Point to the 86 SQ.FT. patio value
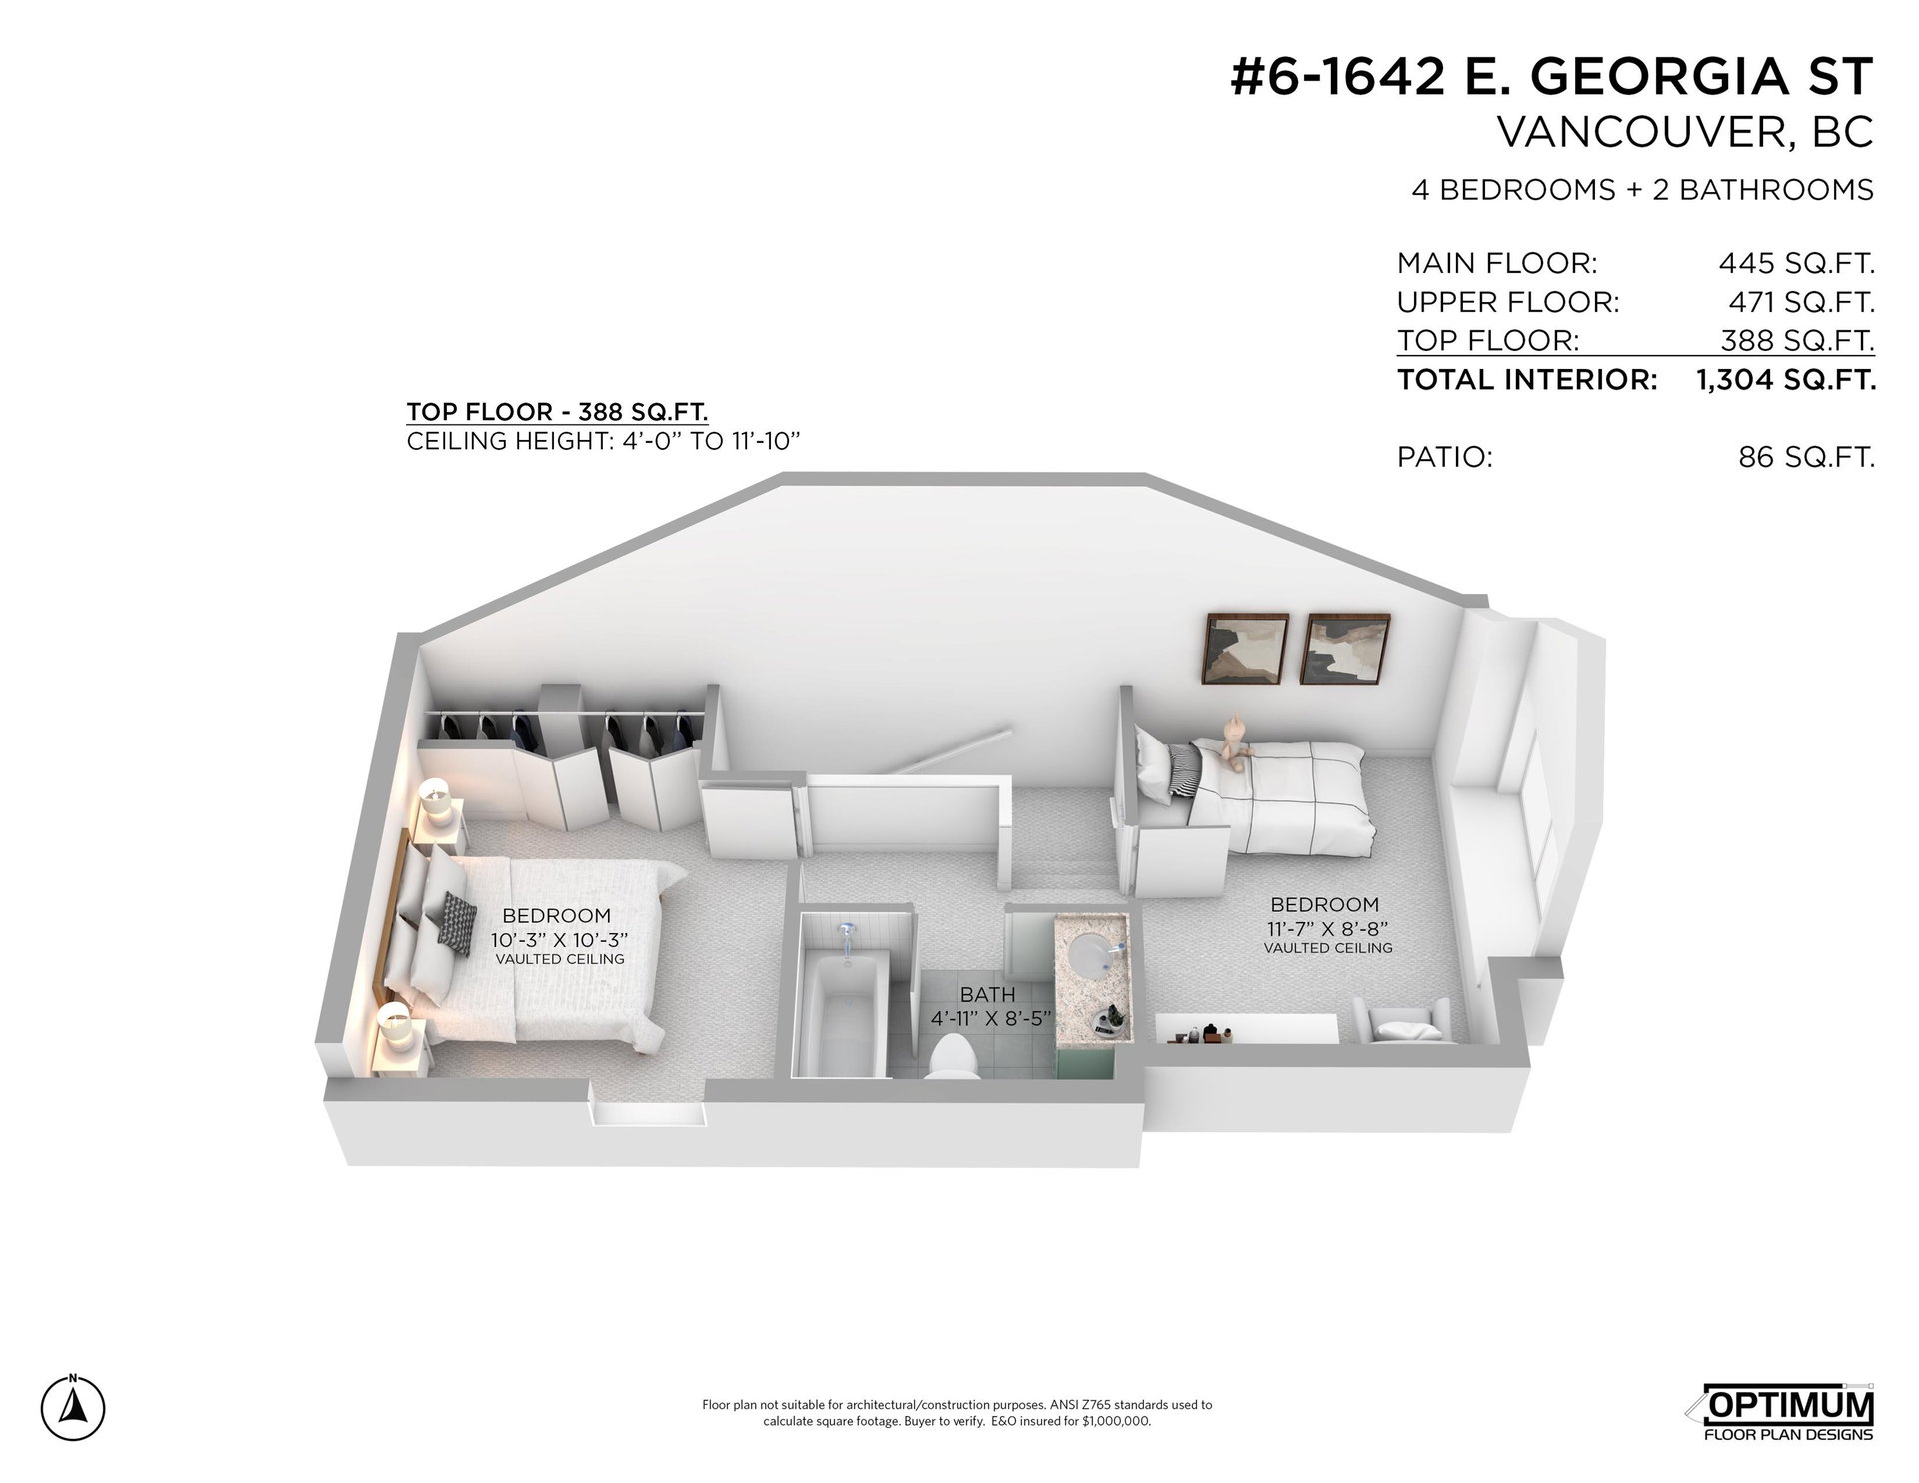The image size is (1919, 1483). tap(1806, 457)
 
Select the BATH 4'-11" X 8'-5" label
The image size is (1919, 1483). tap(987, 1005)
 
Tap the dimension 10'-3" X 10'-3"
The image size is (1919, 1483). tap(558, 940)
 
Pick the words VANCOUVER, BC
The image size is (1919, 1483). tap(1684, 132)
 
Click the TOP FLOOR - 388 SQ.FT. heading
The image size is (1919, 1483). tap(558, 412)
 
